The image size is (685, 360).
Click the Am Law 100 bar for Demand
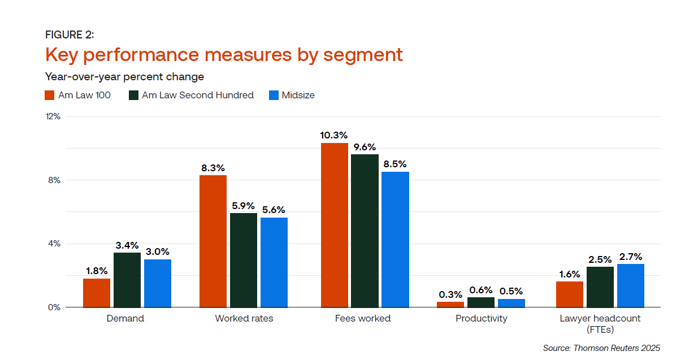pyautogui.click(x=97, y=293)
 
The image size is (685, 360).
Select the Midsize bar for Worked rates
pyautogui.click(x=274, y=262)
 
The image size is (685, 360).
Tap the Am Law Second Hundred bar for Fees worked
pyautogui.click(x=365, y=231)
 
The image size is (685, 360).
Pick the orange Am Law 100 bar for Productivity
pyautogui.click(x=450, y=305)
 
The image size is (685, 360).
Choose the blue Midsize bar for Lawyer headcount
pyautogui.click(x=631, y=285)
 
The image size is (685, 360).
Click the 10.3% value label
pyautogui.click(x=334, y=136)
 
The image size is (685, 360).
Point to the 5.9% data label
pyautogui.click(x=244, y=206)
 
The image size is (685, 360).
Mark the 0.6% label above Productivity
pyautogui.click(x=481, y=290)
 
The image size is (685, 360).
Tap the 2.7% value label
pyautogui.click(x=631, y=257)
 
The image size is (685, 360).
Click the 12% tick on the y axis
pyautogui.click(x=53, y=116)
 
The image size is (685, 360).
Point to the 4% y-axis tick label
pyautogui.click(x=54, y=244)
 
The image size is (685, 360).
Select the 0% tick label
pyautogui.click(x=54, y=307)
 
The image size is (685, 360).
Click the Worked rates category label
pyautogui.click(x=244, y=318)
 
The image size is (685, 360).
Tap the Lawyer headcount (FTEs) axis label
pyautogui.click(x=600, y=323)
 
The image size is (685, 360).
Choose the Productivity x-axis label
pyautogui.click(x=482, y=318)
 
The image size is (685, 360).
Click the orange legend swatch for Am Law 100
pyautogui.click(x=49, y=95)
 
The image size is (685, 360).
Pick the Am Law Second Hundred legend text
pyautogui.click(x=198, y=95)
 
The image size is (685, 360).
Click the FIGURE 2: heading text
pyautogui.click(x=70, y=35)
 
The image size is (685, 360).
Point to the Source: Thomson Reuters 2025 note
pyautogui.click(x=601, y=348)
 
